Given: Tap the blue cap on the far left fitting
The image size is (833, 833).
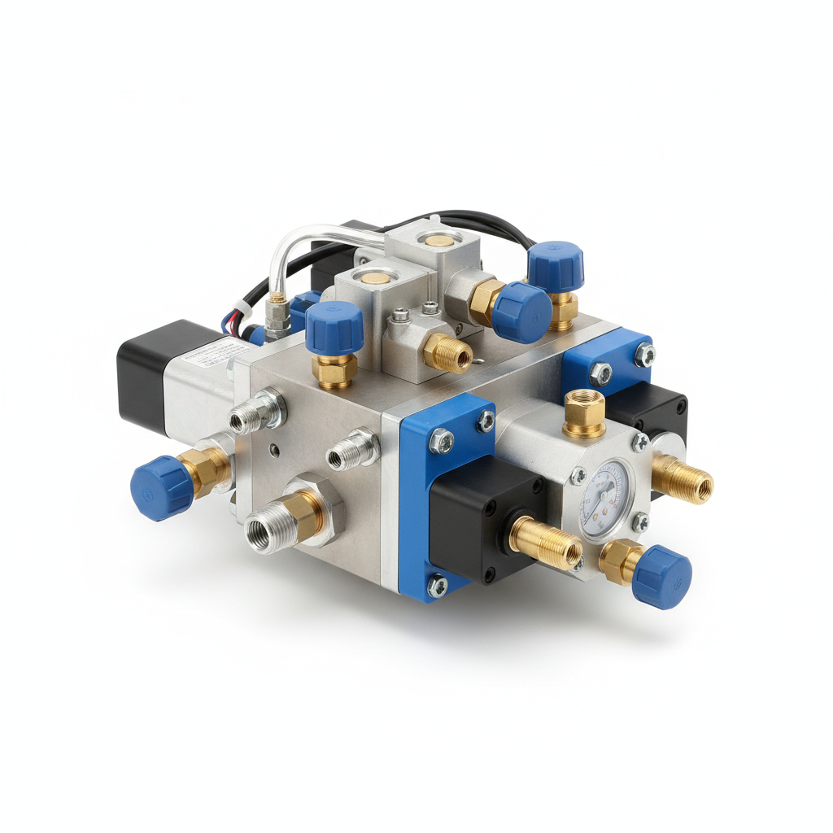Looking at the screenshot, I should point(161,487).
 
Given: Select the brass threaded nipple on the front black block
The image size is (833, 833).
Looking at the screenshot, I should point(547,543).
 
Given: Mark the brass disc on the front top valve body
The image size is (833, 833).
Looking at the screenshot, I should point(376,280).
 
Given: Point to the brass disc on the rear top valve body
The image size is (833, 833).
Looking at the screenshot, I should point(439,238).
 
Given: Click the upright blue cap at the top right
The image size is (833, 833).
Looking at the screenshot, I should point(556,265).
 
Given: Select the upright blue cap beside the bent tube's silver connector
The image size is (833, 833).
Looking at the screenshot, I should point(334,327).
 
